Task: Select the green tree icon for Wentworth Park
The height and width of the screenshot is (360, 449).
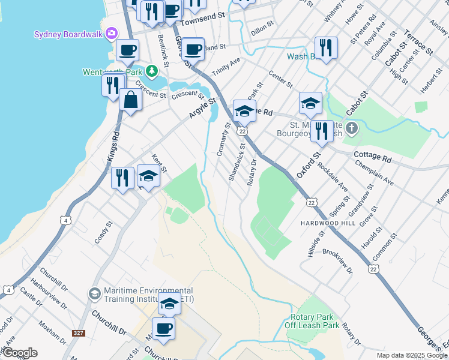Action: click(152, 71)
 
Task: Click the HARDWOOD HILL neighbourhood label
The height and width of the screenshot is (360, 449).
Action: click(324, 222)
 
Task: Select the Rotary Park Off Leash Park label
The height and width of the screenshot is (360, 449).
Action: click(315, 321)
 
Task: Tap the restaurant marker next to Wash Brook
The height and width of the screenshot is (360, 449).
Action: click(325, 48)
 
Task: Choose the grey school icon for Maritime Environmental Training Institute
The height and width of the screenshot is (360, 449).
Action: click(94, 293)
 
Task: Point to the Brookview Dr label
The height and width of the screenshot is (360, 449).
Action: click(338, 261)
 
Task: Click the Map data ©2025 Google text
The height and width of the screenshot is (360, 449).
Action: click(412, 355)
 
